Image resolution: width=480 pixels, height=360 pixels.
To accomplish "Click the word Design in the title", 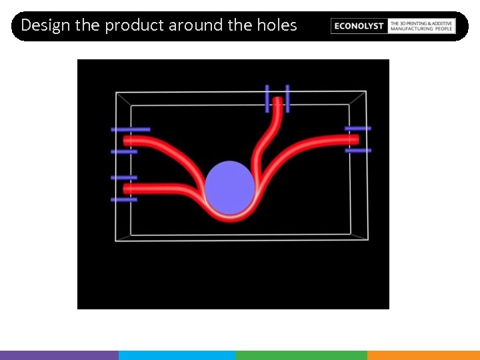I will (45, 25).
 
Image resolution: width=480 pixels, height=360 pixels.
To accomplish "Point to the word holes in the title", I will (277, 25).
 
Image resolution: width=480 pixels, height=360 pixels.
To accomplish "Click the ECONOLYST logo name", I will (359, 26).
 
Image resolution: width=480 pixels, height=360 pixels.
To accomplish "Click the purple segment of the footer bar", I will (59, 355).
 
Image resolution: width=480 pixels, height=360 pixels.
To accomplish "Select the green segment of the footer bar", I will (301, 355).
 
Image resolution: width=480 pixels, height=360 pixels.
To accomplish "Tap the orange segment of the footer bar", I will (423, 355).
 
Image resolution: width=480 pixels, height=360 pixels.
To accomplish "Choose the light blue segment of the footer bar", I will (177, 355).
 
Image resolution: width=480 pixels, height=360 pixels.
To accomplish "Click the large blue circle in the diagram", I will (229, 187).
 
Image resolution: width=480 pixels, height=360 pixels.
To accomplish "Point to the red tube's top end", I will (277, 101).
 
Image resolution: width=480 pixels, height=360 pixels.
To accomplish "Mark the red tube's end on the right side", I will (355, 139).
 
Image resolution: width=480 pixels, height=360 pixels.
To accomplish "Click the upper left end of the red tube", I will (127, 141).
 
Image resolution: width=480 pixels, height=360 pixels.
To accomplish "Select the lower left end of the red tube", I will (127, 189).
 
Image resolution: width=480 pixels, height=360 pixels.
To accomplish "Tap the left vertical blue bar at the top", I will (267, 98).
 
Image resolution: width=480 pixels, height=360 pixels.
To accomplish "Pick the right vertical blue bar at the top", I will (287, 98).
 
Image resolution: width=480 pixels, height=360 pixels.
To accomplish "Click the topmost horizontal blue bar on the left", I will (131, 129).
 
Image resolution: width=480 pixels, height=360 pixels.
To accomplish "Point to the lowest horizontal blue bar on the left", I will (124, 199).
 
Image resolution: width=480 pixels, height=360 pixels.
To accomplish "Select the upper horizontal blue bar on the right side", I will (358, 128).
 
